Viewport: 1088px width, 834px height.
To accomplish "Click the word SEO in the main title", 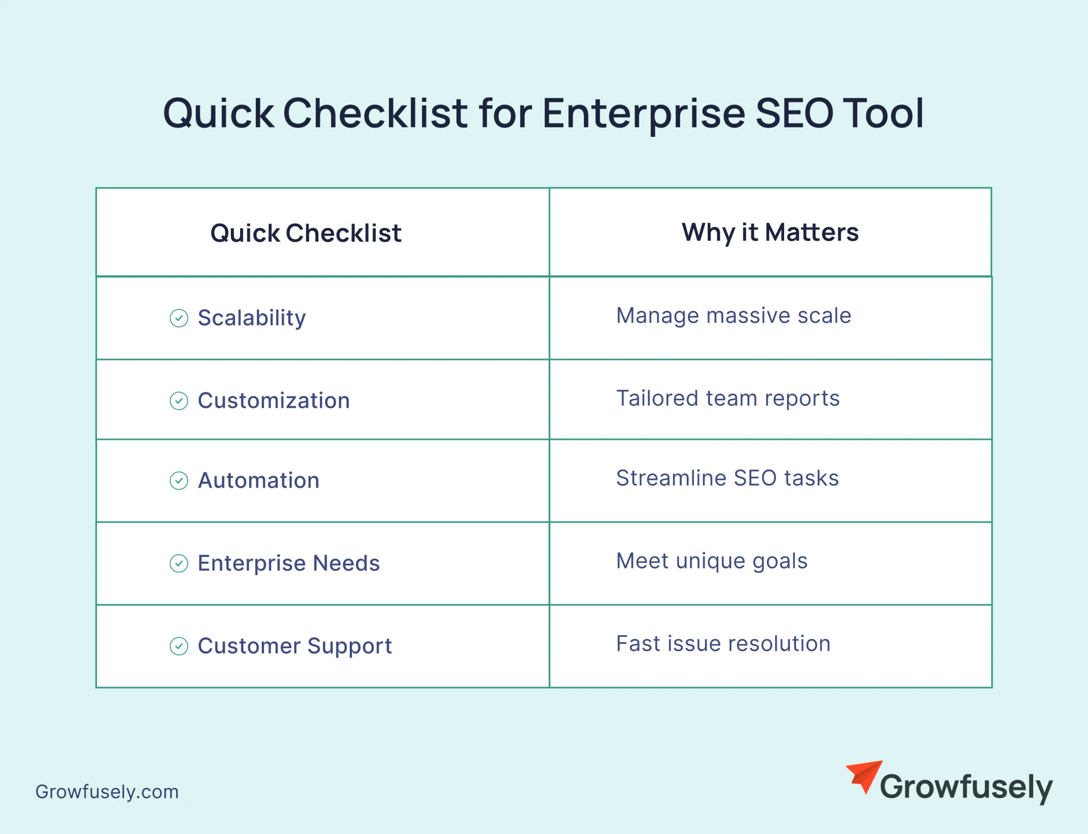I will coord(794,113).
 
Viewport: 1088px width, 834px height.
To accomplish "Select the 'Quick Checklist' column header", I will coord(306,233).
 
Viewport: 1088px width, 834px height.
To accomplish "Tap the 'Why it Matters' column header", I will coord(770,232).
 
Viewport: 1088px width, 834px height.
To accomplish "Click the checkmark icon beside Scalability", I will coord(178,318).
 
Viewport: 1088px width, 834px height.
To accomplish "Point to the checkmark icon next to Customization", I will coord(178,401).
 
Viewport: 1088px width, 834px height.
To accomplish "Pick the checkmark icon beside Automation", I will coord(178,481).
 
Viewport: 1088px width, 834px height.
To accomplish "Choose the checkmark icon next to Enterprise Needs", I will coord(178,564).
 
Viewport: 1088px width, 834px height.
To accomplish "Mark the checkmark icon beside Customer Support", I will coord(178,646).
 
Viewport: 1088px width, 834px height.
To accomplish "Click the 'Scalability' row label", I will coord(252,318).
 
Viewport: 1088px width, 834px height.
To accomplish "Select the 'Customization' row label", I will coord(274,401).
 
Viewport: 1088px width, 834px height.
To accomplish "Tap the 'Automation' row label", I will coord(258,481).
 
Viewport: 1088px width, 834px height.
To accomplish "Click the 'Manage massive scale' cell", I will coord(733,316).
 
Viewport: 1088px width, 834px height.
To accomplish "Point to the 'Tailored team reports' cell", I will coord(728,398).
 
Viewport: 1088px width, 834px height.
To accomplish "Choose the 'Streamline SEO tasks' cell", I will coord(727,478).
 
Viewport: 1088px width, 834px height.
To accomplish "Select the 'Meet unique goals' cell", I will coord(711,561).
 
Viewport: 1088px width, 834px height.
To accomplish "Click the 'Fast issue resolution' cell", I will coord(723,644).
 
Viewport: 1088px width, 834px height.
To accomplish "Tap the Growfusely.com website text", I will coord(107,792).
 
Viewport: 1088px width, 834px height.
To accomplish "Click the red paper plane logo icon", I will coord(864,776).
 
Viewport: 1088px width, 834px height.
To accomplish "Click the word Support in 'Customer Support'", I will coord(349,646).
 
